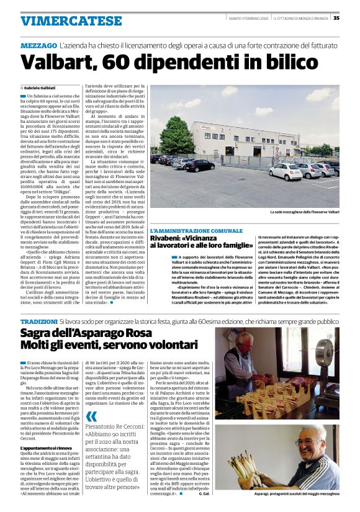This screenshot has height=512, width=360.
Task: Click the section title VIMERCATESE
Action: pos(62,20)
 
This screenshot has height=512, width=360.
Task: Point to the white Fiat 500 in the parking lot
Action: pos(286,171)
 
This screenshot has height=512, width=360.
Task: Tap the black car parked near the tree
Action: pos(199,165)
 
